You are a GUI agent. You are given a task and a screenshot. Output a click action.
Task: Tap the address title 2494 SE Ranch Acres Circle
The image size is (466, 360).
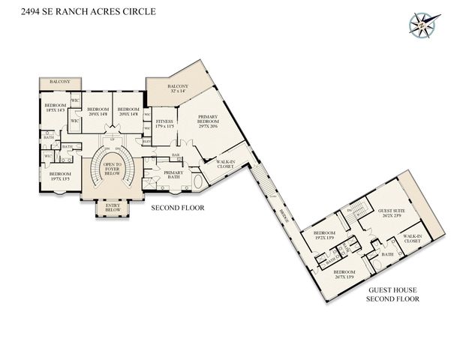tap(68, 10)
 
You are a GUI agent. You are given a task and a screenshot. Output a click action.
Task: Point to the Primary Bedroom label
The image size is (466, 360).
tap(207, 122)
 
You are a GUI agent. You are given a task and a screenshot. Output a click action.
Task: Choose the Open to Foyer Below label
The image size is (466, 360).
tap(113, 169)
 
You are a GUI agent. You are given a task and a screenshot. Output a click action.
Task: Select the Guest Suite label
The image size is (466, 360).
tap(392, 214)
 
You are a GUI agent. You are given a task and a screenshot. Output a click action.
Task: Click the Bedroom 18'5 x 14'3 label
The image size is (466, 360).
tap(56, 108)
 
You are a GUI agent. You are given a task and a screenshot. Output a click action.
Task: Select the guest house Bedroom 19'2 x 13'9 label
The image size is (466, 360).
tap(323, 235)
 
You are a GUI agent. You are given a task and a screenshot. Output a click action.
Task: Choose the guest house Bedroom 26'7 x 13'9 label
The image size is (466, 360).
tap(344, 273)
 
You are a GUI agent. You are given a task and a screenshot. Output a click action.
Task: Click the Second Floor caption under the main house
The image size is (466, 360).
tap(179, 207)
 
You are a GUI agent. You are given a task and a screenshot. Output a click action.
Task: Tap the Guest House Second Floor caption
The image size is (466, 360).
tap(392, 294)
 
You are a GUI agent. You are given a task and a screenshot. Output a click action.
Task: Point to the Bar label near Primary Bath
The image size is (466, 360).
tap(176, 155)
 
